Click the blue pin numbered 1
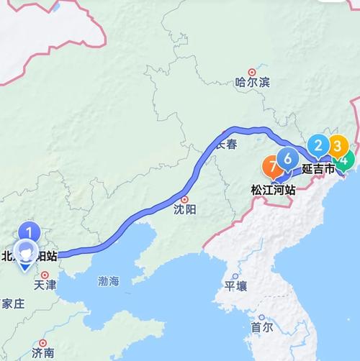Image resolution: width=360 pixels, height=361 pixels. tap(29, 232)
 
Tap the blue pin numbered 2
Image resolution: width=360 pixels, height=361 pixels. tap(318, 147)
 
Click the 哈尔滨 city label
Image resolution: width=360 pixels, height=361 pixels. tap(251, 83)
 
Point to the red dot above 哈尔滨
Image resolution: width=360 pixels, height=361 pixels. tap(251, 72)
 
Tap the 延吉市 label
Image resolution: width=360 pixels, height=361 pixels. tap(318, 170)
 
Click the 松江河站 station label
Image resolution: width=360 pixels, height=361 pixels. tap(272, 191)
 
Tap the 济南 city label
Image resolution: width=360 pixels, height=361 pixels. tap(43, 353)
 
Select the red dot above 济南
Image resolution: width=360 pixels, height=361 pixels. tap(43, 343)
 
